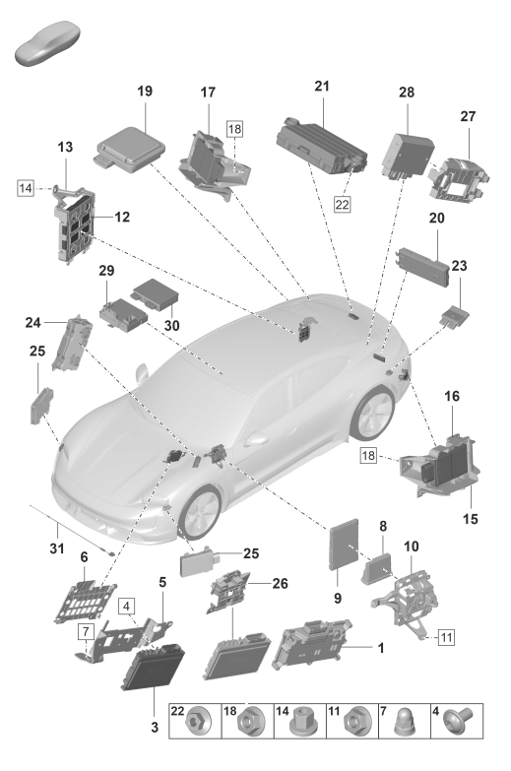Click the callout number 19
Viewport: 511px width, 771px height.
point(145,91)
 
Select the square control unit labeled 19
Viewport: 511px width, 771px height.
point(130,149)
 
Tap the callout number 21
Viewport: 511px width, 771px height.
point(322,86)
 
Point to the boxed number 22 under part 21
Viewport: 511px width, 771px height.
point(342,204)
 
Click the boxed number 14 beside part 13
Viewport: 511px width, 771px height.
point(26,188)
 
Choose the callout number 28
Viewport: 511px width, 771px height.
point(407,92)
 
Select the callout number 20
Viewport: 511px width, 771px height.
point(437,218)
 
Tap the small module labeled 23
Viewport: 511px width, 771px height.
point(455,316)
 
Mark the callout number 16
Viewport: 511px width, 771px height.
point(452,396)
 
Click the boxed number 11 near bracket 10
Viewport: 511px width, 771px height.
point(446,638)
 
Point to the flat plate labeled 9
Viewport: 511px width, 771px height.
point(344,545)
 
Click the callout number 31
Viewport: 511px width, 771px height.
point(57,547)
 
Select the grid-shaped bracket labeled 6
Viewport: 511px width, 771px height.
point(85,603)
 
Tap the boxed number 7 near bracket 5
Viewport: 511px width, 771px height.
point(86,631)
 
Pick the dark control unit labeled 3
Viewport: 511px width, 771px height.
point(153,670)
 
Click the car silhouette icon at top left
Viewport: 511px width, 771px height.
point(47,43)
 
